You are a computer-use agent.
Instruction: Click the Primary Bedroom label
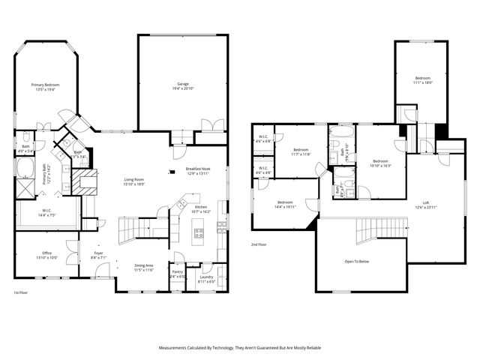point(45,85)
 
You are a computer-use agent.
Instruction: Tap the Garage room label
point(182,84)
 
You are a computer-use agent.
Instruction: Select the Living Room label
point(134,179)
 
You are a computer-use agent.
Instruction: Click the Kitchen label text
point(201,207)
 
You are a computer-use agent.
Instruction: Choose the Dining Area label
point(143,265)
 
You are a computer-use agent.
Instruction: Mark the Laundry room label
point(205,277)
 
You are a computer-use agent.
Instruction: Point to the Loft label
point(426,202)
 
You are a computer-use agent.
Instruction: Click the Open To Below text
point(356,262)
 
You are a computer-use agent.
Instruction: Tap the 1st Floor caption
point(22,292)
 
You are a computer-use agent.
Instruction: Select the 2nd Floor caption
point(259,244)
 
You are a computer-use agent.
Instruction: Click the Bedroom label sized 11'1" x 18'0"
point(423,79)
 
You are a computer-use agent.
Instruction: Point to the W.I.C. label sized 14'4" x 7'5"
point(46,212)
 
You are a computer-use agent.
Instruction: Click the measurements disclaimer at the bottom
point(239,348)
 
